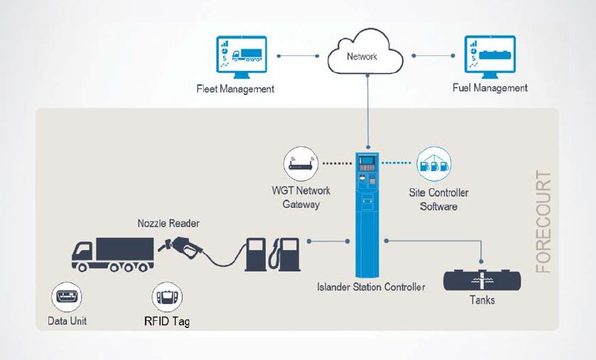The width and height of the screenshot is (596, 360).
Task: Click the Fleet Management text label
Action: coord(235,89)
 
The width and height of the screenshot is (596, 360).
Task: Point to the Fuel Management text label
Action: coord(490,89)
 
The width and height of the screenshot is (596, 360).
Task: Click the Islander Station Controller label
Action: coord(371,287)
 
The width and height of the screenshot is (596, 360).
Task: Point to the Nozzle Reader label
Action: coord(168,224)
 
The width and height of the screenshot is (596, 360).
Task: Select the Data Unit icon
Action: coord(67,297)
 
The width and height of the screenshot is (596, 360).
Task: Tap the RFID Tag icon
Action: coord(168,298)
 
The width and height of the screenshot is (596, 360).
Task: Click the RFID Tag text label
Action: coord(167,322)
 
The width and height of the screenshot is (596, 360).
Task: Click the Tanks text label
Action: coord(482,300)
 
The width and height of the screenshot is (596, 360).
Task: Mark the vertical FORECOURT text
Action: coord(544,221)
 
